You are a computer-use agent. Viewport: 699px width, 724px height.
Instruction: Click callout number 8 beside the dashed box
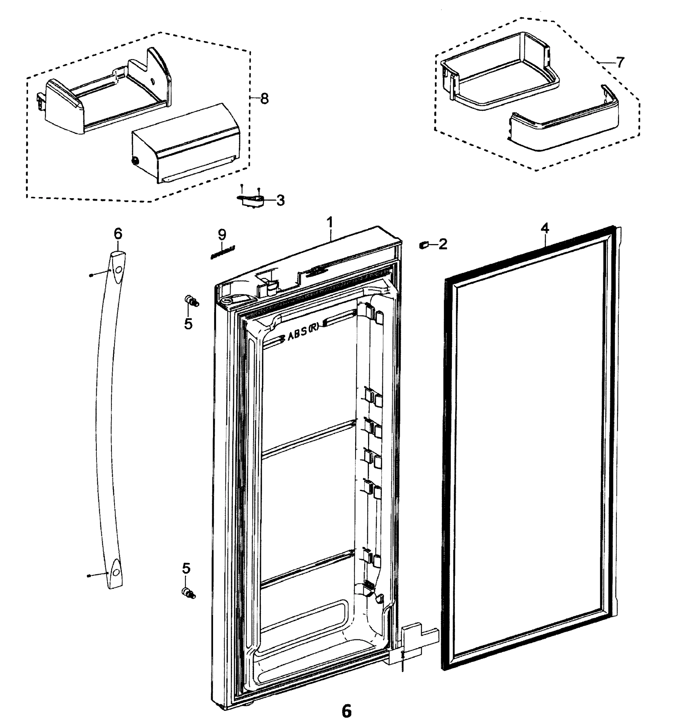tap(264, 99)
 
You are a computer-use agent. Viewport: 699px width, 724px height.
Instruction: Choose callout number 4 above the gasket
tap(545, 228)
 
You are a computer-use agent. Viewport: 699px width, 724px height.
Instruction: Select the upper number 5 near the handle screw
tap(188, 324)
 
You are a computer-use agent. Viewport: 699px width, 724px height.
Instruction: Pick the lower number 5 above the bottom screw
tap(186, 568)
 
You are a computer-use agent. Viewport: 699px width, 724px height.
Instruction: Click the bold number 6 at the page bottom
tap(346, 711)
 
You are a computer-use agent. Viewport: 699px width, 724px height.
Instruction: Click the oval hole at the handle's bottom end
tap(116, 572)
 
